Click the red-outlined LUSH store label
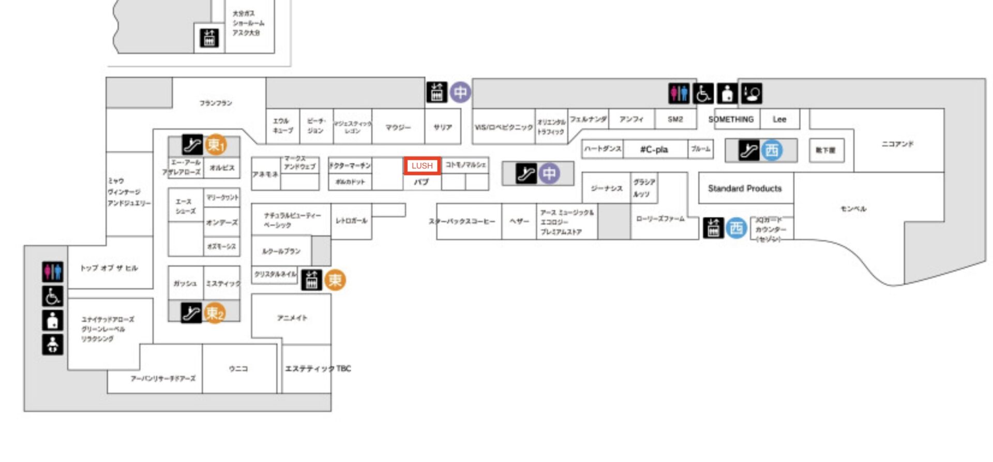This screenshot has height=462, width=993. point(422,166)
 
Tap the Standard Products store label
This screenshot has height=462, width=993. point(744,189)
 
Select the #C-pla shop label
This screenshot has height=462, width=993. point(654,150)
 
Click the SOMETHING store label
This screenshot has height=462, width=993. point(731,119)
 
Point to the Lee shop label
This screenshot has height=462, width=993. point(779,119)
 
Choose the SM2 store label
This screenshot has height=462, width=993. point(675,119)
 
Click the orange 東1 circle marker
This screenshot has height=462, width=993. point(216,145)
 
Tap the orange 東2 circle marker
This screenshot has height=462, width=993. point(215,313)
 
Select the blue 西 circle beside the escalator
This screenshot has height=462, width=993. point(772,150)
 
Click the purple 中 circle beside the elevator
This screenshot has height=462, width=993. point(460,93)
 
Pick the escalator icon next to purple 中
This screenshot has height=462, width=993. point(526,174)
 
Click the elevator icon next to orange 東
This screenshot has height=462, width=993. point(311,280)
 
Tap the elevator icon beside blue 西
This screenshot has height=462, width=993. point(713,228)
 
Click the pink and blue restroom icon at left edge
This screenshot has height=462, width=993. point(53,271)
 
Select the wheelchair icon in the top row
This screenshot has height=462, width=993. point(703,94)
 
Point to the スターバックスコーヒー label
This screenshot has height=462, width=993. point(462,222)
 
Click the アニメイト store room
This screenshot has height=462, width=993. point(292,318)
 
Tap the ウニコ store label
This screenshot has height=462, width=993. point(238,368)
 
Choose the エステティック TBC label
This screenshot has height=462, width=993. point(318,368)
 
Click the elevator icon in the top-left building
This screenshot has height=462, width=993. point(209,38)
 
